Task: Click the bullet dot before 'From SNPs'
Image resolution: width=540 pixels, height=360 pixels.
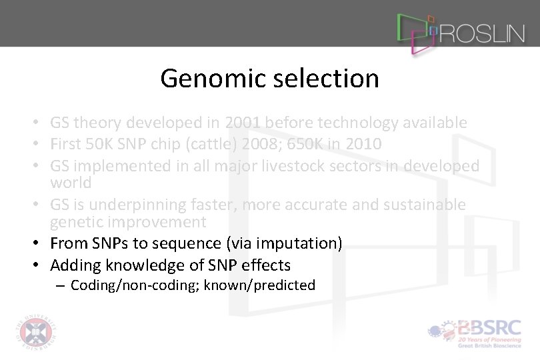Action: point(41,243)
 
